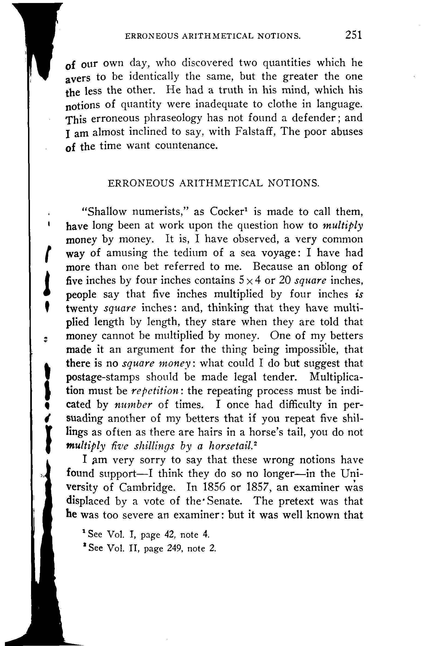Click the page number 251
pyautogui.click(x=353, y=35)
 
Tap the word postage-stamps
pyautogui.click(x=103, y=377)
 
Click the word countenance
pyautogui.click(x=185, y=145)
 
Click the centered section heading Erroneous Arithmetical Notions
pyautogui.click(x=213, y=183)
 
